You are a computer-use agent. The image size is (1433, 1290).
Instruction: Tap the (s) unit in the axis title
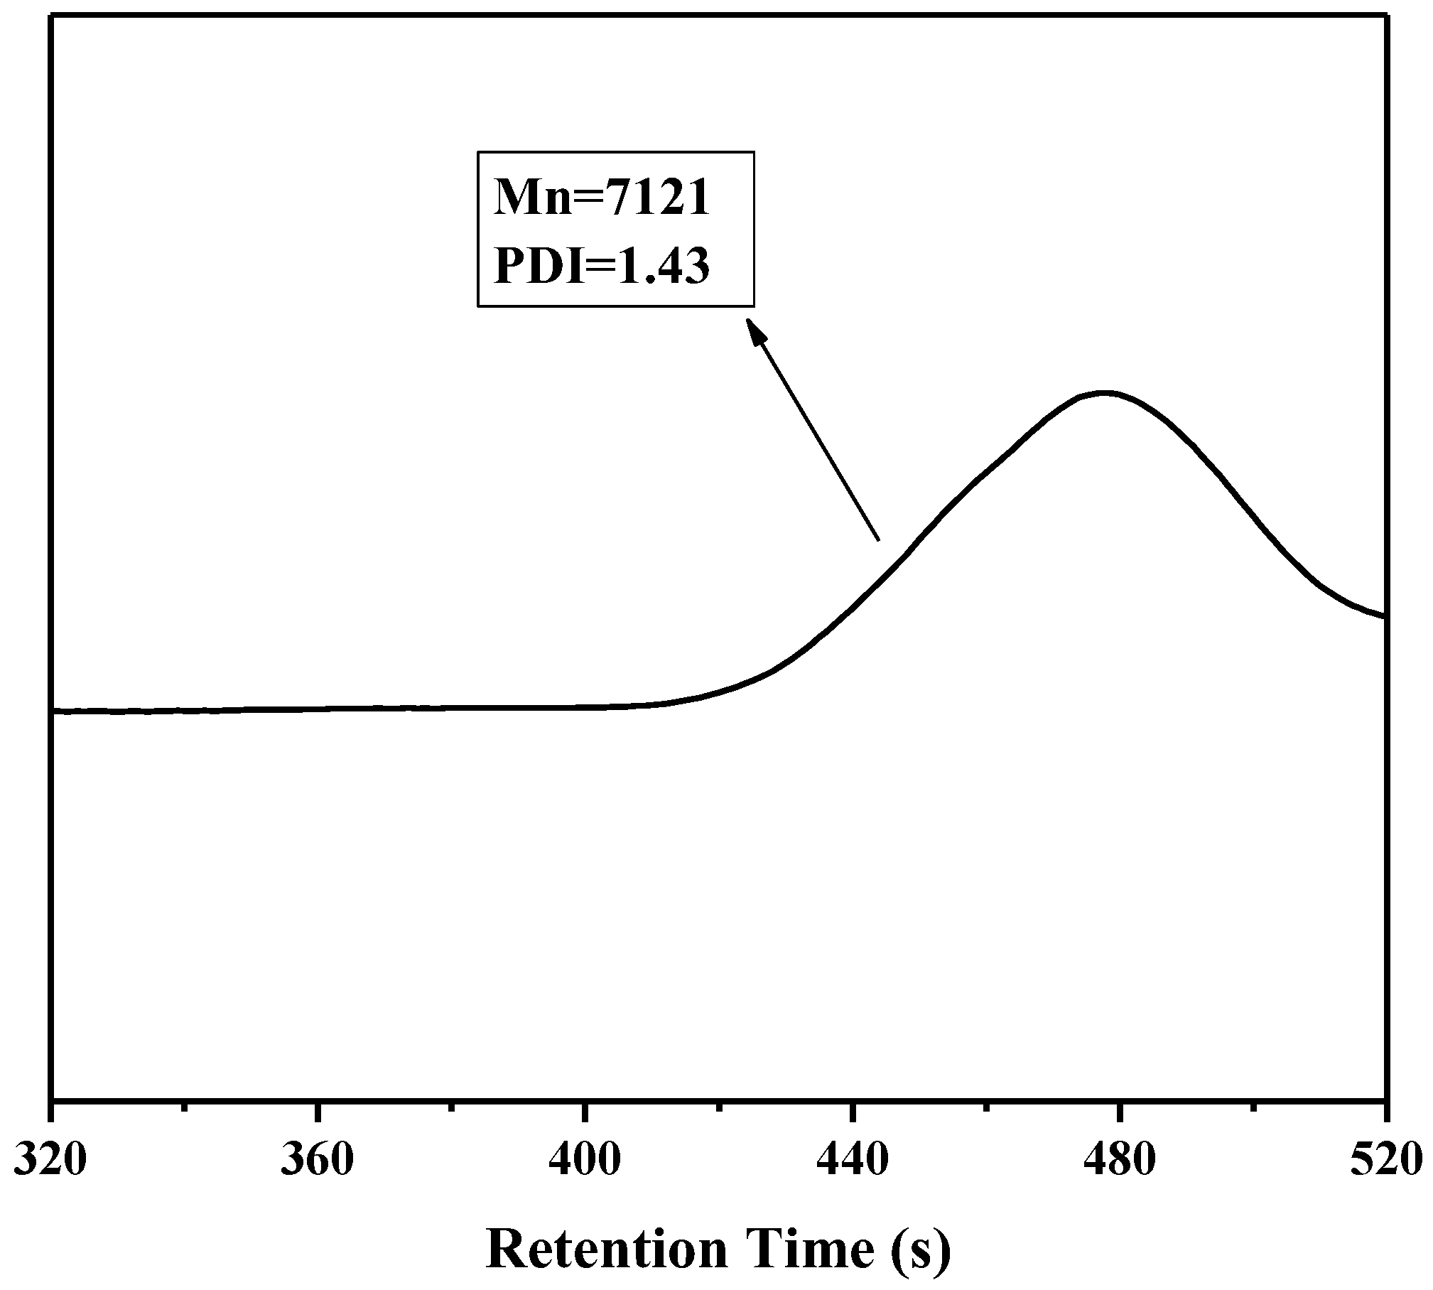[x=919, y=1250]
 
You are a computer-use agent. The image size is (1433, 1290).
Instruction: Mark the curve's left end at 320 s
[x=54, y=710]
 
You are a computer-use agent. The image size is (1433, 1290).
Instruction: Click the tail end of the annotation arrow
[x=879, y=541]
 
